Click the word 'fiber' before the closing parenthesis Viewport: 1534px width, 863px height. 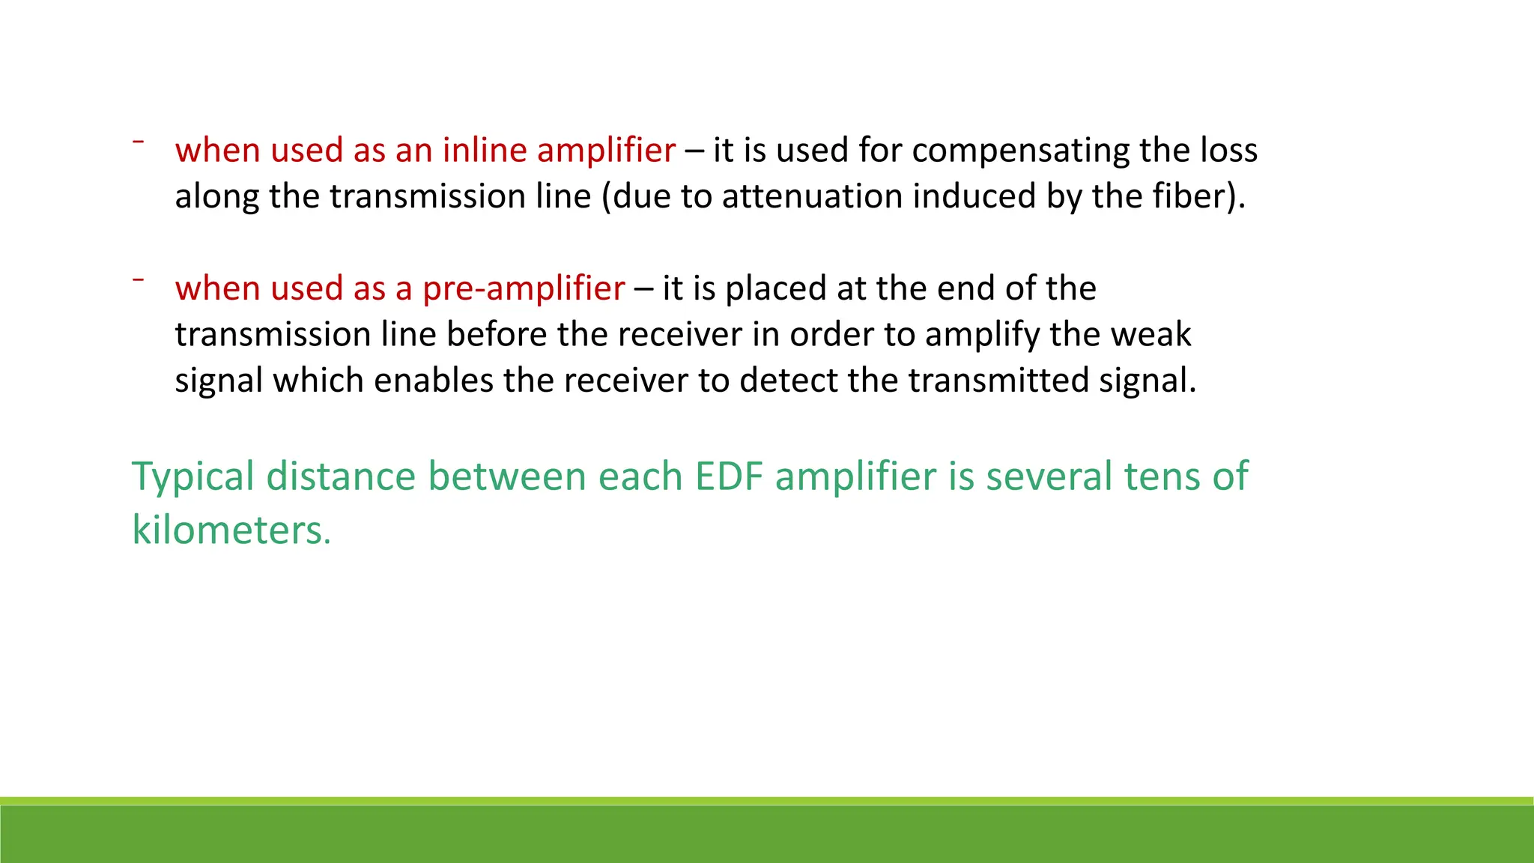click(x=1191, y=196)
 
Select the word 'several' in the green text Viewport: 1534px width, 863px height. click(x=1049, y=476)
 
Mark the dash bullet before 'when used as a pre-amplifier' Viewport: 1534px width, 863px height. click(x=139, y=279)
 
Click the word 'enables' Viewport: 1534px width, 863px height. click(x=434, y=381)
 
